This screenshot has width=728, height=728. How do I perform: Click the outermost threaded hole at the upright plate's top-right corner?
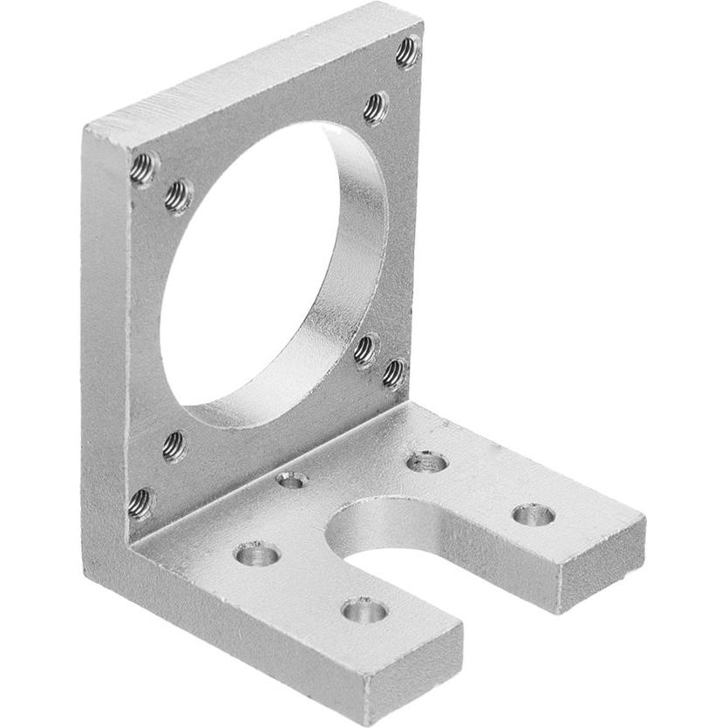pos(407,51)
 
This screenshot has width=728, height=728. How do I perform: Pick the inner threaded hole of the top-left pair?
pos(179,195)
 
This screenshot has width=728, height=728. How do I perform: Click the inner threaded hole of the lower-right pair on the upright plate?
pos(365,349)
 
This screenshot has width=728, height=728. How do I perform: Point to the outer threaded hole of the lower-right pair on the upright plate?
pos(394,373)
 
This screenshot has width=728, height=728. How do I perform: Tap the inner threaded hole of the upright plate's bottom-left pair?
pos(174,446)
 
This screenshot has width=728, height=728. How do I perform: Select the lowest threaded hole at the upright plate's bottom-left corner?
pos(140,502)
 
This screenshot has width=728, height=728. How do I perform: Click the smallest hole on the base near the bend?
pos(292,480)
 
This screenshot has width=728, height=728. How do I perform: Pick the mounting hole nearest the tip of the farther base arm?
pos(533,514)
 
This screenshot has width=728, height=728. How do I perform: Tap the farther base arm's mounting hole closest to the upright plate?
pos(427,461)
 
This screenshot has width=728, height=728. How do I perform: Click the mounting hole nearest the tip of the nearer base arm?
pos(364,609)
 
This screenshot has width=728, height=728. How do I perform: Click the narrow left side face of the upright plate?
pos(105,349)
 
